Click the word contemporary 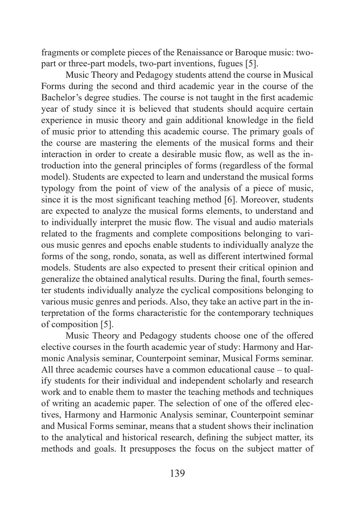click(x=245, y=313)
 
